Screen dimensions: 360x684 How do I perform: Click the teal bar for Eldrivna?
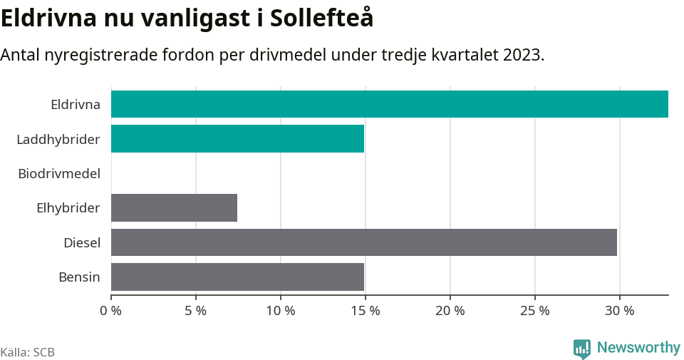tap(389, 104)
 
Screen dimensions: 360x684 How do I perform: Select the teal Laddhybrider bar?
tap(237, 138)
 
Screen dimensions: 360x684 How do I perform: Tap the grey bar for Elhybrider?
tap(174, 207)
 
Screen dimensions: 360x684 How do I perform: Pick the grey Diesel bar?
tap(363, 242)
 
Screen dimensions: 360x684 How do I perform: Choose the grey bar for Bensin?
tap(237, 277)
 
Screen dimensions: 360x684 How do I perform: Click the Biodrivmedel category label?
tap(59, 173)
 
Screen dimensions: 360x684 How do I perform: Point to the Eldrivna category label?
tap(76, 105)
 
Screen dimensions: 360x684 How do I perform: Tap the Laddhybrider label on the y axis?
tap(58, 139)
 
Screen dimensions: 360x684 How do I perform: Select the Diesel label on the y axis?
tap(82, 243)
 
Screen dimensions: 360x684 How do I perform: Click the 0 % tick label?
tap(111, 311)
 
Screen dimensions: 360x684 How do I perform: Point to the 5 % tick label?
tap(195, 311)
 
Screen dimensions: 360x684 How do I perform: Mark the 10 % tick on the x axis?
tap(281, 311)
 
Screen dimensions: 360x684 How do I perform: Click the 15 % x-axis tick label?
tap(366, 311)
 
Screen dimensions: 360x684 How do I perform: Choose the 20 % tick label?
tap(450, 311)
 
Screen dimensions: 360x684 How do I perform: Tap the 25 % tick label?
tap(535, 311)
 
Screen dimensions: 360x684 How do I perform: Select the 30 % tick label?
tap(620, 311)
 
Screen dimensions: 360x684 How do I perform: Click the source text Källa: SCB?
tap(28, 352)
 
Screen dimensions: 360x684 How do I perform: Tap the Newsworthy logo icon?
tap(581, 349)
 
